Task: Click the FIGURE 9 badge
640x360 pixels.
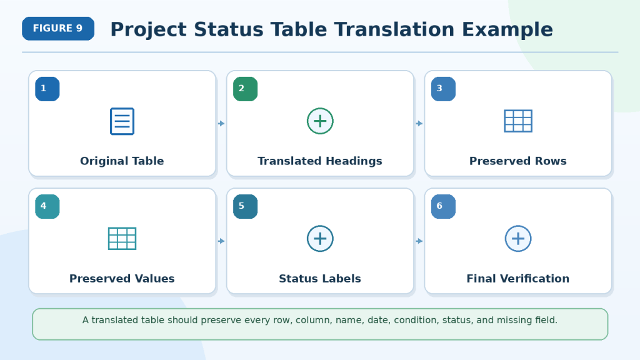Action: click(x=58, y=29)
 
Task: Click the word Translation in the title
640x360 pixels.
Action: click(x=394, y=30)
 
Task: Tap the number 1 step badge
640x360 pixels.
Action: click(x=47, y=89)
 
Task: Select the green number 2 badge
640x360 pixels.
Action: click(x=245, y=89)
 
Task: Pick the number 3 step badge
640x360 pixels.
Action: click(x=443, y=89)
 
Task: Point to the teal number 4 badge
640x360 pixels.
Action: click(x=47, y=206)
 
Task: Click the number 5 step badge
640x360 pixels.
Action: click(x=245, y=206)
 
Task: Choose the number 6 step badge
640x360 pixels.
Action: click(x=443, y=206)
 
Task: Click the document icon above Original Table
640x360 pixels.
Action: click(x=122, y=121)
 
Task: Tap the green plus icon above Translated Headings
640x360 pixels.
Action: click(x=320, y=121)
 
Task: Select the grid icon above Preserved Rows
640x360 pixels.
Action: click(x=518, y=121)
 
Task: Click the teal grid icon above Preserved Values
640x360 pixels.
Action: click(x=122, y=239)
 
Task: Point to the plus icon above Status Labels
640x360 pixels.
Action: click(x=320, y=239)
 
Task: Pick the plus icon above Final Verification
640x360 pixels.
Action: click(x=518, y=239)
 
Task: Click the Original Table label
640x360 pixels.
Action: click(x=122, y=161)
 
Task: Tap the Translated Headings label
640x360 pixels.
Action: click(x=320, y=161)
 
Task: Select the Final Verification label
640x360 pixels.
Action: click(x=518, y=279)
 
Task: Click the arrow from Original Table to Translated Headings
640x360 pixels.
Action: click(x=221, y=123)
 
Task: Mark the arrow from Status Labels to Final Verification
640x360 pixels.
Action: click(x=419, y=241)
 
